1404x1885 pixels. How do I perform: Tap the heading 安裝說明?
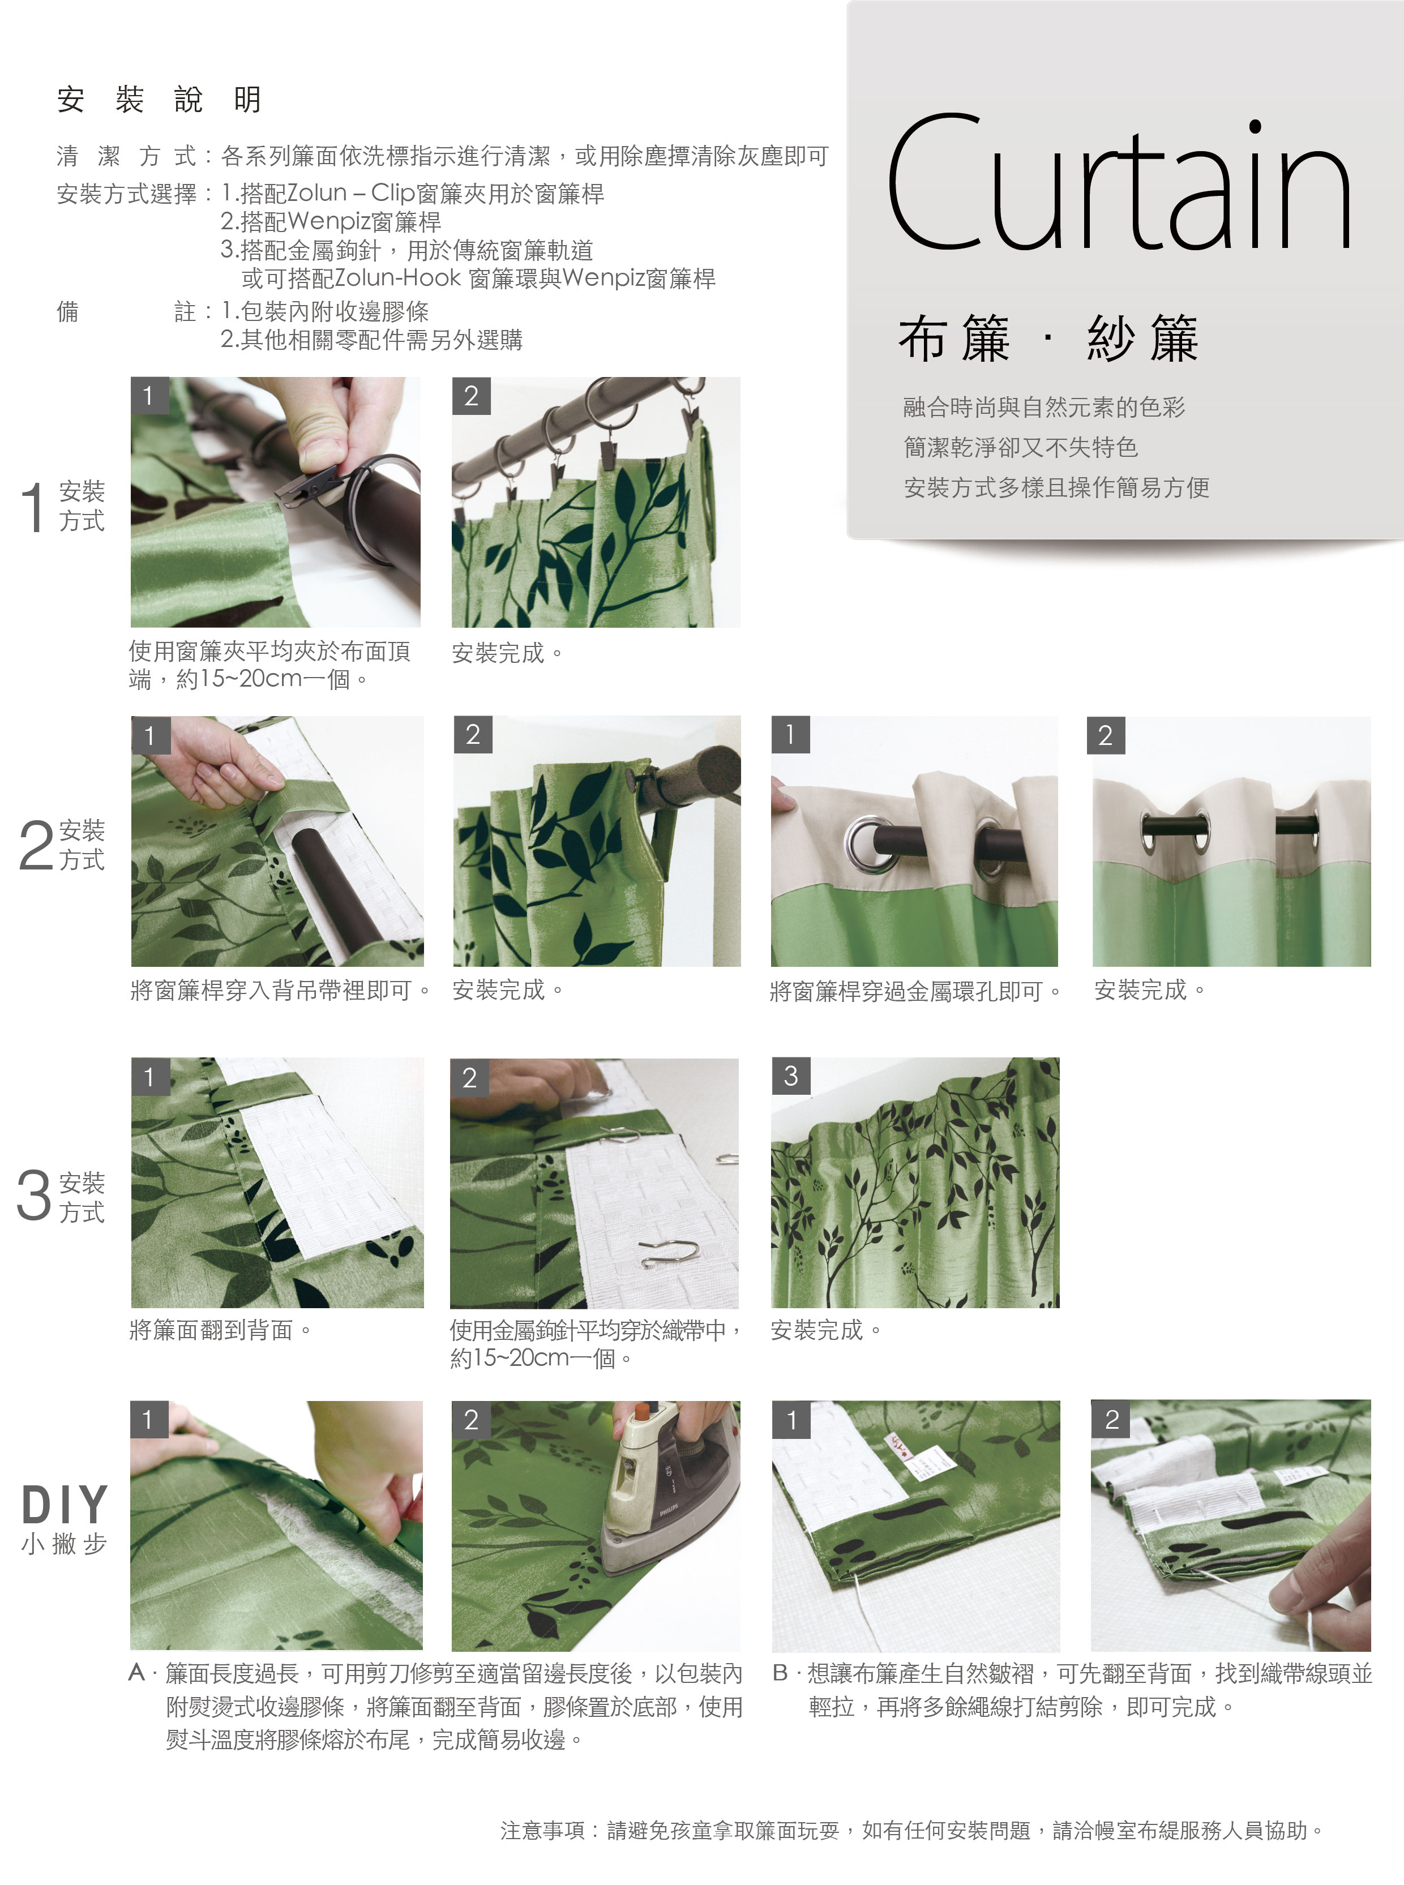coord(159,100)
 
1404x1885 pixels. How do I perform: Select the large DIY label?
coord(65,1505)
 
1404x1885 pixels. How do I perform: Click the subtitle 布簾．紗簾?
coord(1048,339)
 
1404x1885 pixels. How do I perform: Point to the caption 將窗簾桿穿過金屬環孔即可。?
coord(916,991)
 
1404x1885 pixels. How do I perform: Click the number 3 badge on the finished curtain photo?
coord(790,1076)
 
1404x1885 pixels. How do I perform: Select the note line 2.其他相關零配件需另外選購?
coord(371,340)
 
